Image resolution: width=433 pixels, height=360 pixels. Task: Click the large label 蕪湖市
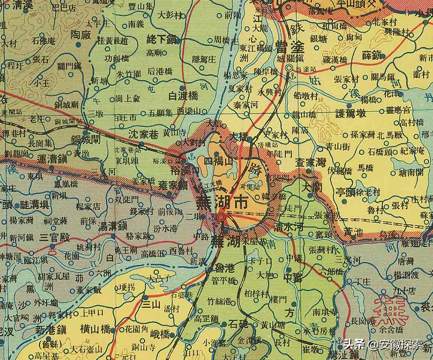point(222,203)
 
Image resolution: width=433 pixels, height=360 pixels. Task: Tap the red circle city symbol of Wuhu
point(222,217)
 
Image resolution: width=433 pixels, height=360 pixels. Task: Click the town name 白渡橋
point(183,95)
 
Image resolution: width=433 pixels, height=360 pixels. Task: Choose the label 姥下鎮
point(163,39)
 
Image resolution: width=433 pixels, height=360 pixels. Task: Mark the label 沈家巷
point(144,134)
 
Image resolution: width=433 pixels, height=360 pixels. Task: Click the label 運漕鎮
point(52,159)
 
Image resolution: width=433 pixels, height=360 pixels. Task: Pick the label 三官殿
point(57,237)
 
